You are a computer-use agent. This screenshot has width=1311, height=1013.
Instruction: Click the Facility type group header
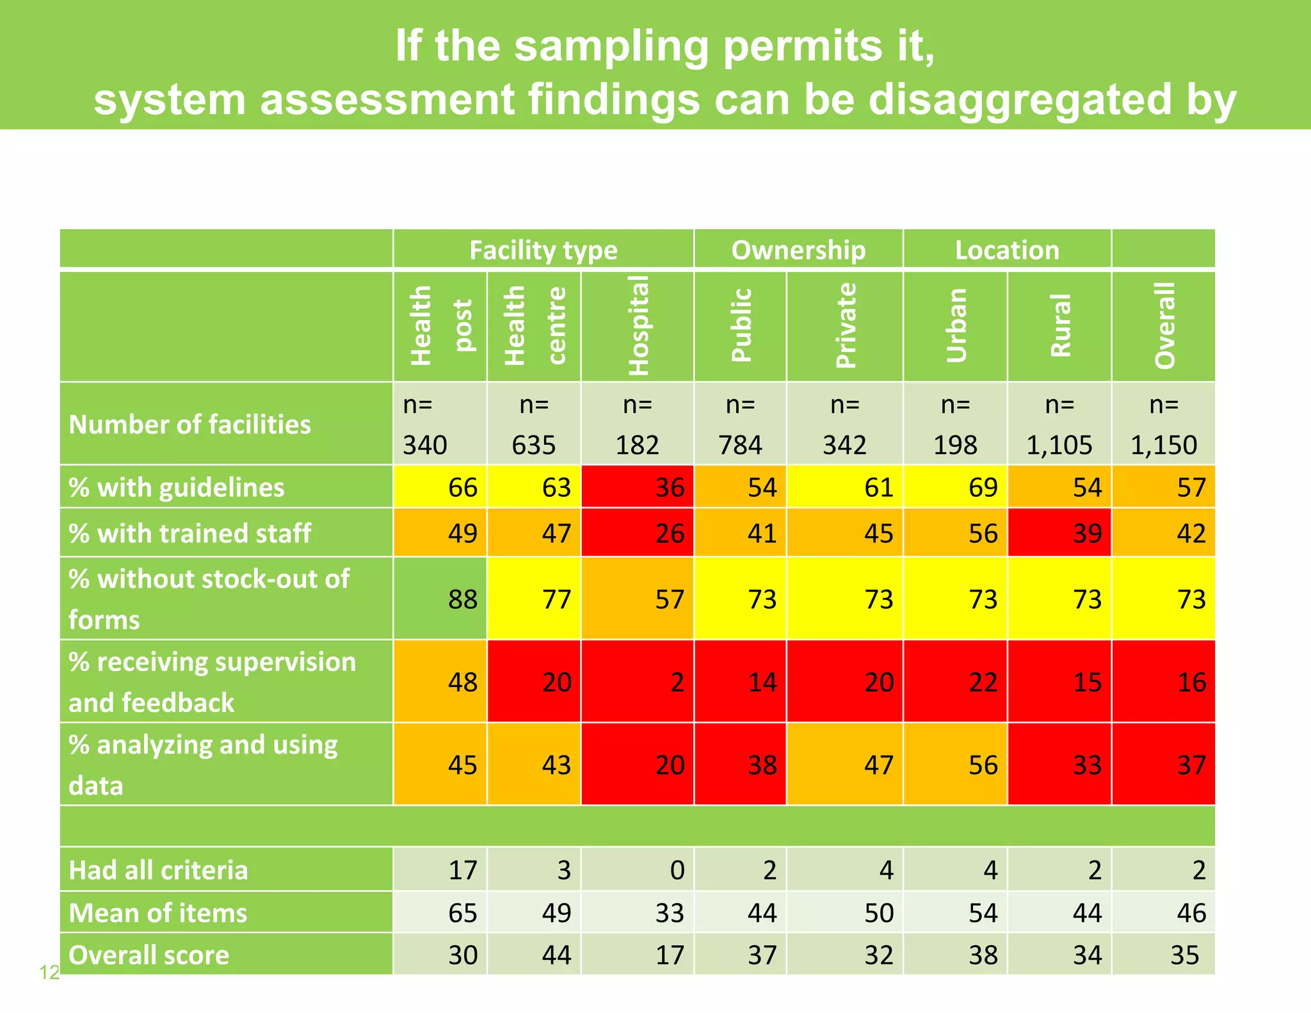click(543, 250)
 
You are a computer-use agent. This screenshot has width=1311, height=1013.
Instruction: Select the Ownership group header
click(798, 250)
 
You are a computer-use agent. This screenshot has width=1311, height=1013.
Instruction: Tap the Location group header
click(1007, 250)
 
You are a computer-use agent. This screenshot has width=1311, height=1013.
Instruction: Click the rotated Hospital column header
click(638, 326)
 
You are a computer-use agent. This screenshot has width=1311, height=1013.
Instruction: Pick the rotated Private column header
click(846, 326)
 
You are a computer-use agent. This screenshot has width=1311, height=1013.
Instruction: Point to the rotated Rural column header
click(1060, 326)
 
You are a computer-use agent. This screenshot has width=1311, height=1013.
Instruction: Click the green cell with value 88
click(440, 599)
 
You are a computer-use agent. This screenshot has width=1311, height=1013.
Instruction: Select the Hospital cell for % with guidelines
click(638, 487)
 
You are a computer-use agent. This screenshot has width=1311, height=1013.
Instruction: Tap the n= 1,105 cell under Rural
click(1059, 425)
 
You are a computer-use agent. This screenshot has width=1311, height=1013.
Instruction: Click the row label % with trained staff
click(190, 533)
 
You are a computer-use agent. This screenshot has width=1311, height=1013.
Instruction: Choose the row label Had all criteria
click(158, 870)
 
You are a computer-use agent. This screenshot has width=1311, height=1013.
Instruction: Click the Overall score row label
click(149, 955)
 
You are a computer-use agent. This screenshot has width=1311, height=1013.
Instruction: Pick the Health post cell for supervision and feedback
click(440, 682)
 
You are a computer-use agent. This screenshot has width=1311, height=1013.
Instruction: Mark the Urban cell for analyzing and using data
click(955, 765)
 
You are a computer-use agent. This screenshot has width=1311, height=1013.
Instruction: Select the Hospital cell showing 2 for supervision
click(638, 682)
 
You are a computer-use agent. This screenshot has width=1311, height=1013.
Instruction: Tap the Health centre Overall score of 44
click(535, 955)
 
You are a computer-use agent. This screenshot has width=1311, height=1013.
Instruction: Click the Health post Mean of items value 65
click(440, 912)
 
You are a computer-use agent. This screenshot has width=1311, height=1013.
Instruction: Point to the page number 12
click(49, 973)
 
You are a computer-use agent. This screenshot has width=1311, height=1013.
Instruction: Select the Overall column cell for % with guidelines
click(1164, 487)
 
